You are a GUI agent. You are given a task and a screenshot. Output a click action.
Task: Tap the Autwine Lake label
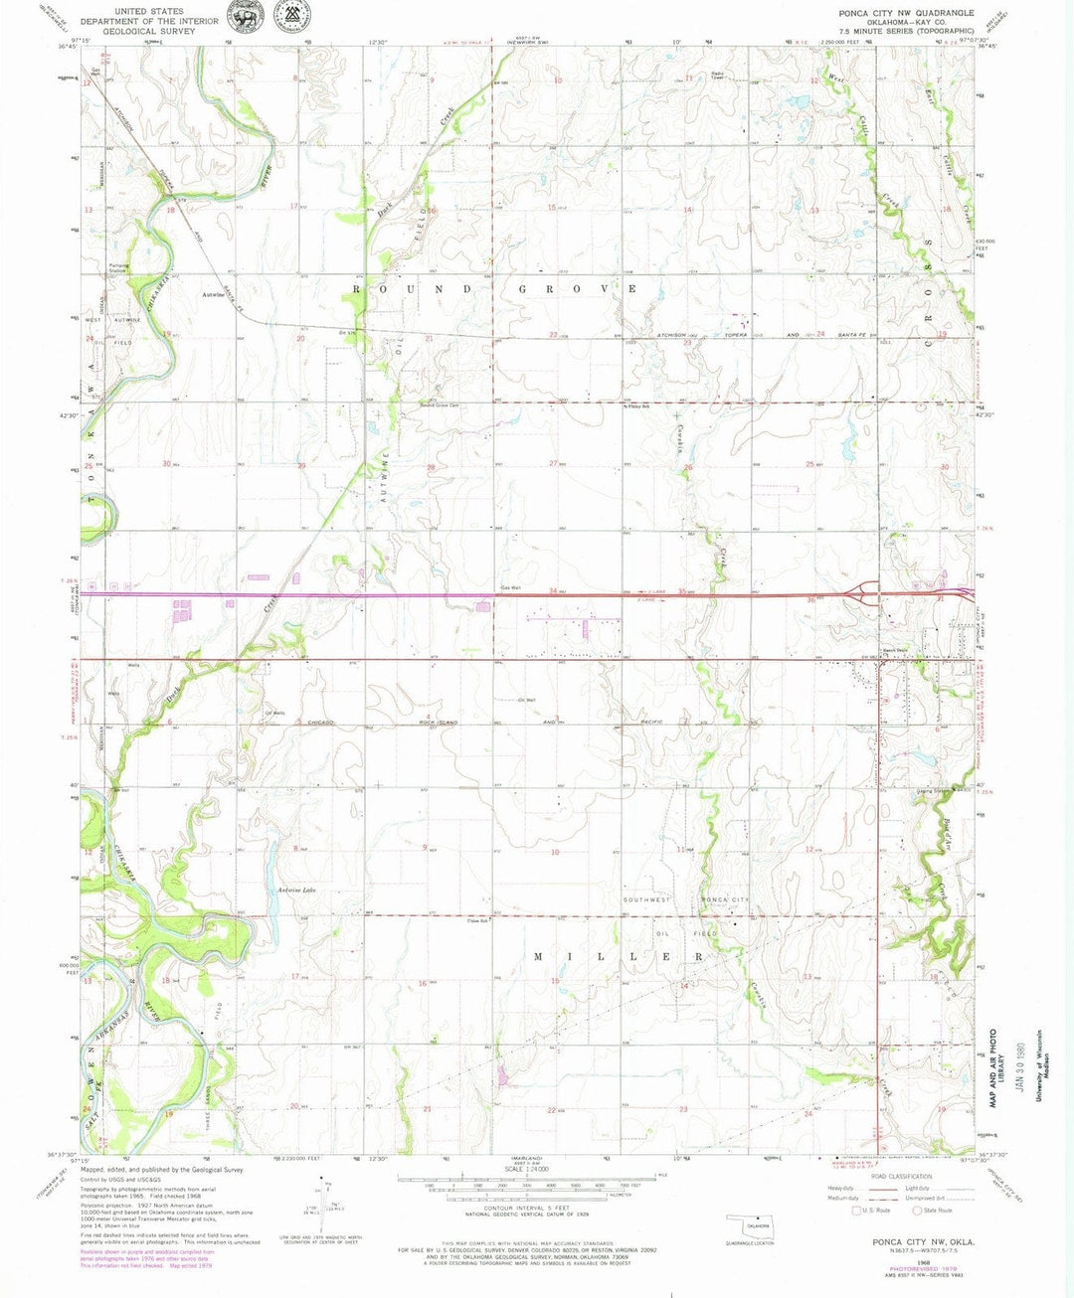click(296, 890)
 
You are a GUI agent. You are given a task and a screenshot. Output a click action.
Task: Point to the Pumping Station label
click(118, 267)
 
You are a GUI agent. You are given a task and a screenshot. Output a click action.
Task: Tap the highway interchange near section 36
click(863, 595)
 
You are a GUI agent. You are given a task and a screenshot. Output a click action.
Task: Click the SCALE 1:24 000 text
click(536, 1169)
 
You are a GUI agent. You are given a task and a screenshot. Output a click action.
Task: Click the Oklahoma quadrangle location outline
click(751, 1223)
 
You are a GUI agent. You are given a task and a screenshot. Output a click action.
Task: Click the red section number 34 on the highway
click(553, 592)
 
